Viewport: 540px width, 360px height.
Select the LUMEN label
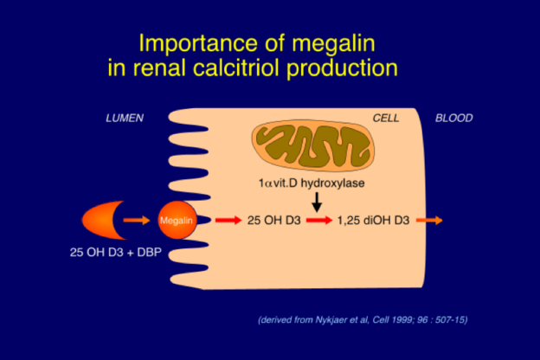click(x=124, y=118)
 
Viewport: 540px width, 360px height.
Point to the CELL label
click(x=386, y=118)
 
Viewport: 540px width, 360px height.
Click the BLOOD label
click(x=454, y=118)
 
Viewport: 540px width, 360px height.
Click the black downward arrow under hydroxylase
click(x=318, y=202)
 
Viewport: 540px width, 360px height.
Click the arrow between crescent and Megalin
click(x=137, y=221)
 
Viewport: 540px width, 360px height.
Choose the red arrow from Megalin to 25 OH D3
click(x=227, y=221)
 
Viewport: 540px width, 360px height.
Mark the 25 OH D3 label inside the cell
click(x=273, y=221)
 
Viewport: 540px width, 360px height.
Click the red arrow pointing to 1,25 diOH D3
click(x=318, y=221)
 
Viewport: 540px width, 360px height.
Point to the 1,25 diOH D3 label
click(x=373, y=221)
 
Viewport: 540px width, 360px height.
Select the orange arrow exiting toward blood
click(x=430, y=221)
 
